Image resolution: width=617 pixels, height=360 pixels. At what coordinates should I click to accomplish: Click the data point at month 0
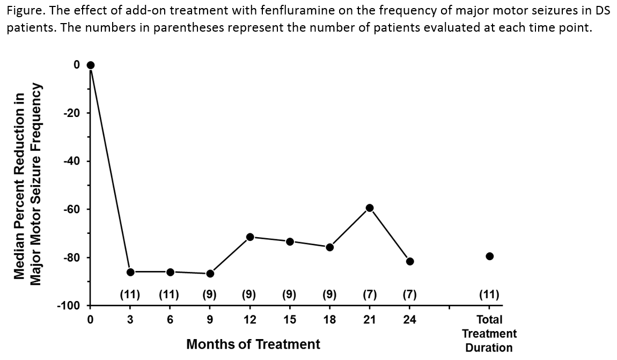click(90, 65)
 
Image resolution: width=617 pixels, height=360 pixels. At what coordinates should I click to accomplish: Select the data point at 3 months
click(130, 272)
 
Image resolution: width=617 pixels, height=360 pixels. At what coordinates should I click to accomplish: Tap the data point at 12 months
click(250, 237)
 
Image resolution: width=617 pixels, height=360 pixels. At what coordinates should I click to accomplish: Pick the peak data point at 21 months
click(370, 208)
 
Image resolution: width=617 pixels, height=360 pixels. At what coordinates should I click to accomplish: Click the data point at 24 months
click(410, 261)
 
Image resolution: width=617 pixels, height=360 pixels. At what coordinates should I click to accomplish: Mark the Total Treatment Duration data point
click(489, 256)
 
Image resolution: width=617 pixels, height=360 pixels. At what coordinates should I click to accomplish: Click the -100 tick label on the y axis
click(69, 306)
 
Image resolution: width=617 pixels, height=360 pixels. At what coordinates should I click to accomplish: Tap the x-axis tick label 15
click(290, 320)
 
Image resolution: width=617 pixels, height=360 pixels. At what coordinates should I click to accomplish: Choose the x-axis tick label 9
click(210, 320)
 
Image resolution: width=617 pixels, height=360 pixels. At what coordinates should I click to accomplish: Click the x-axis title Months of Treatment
click(253, 344)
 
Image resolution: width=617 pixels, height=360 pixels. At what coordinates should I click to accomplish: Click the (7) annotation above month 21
click(370, 294)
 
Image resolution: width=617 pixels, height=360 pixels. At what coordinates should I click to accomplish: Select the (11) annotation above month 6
click(170, 294)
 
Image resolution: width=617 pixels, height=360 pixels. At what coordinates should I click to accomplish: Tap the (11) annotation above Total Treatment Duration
click(489, 294)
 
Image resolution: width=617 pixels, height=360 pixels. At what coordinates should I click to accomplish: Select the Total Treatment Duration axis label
click(489, 334)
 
